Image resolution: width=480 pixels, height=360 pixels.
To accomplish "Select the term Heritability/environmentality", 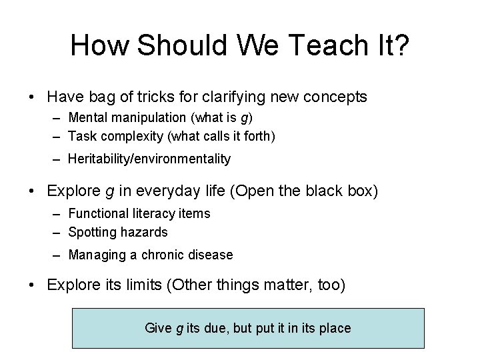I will (x=149, y=159).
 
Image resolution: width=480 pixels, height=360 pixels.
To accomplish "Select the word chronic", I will (x=157, y=255).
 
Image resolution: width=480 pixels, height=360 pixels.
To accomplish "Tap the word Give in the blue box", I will (x=157, y=328).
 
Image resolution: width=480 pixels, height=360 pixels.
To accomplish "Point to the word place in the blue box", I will (x=336, y=328).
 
